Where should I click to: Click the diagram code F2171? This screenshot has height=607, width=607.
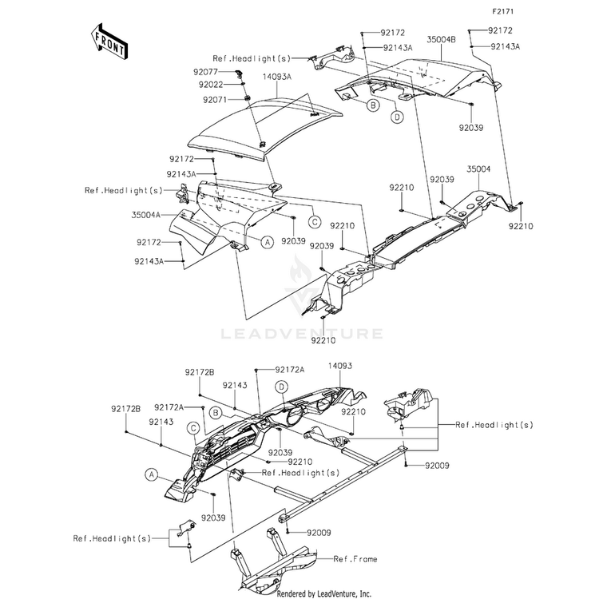tap(503, 12)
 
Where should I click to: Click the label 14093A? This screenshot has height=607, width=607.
tap(277, 77)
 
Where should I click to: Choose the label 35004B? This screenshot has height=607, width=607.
tap(442, 39)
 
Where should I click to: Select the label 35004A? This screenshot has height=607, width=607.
tap(146, 215)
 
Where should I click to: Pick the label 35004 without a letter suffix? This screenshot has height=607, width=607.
tap(478, 169)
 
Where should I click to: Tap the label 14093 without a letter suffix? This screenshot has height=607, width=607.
tap(340, 366)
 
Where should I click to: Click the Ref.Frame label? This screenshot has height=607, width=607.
tap(355, 558)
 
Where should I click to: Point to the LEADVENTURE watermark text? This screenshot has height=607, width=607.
tap(303, 334)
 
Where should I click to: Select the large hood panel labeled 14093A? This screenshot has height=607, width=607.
tap(264, 128)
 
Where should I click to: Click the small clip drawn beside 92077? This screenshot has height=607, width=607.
tap(238, 73)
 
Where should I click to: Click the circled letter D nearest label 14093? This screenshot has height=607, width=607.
tap(281, 387)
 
